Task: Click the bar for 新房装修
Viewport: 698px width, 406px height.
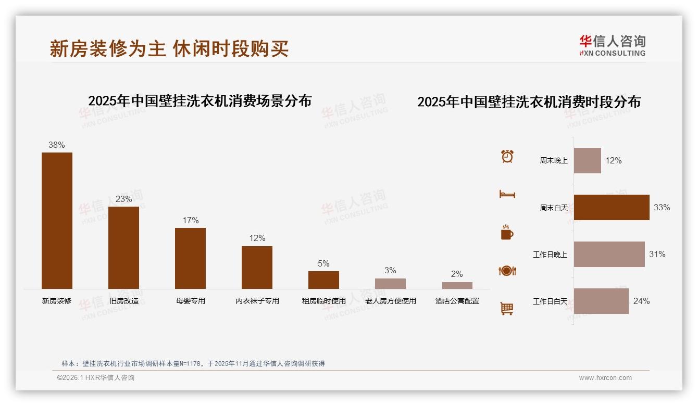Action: (57, 220)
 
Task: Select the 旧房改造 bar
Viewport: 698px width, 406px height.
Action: (123, 247)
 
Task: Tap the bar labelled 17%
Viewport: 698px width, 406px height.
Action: (190, 258)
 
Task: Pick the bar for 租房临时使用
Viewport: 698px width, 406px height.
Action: (323, 280)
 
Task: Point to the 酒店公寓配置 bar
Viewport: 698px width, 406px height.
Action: (457, 285)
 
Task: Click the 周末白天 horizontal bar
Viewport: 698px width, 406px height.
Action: (612, 207)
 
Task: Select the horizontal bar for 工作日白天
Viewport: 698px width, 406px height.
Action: (601, 301)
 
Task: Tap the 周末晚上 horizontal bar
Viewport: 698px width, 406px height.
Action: (587, 160)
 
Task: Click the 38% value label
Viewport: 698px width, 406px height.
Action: (57, 145)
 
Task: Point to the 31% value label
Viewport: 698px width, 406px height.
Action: (657, 254)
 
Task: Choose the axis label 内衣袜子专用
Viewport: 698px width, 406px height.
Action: (257, 301)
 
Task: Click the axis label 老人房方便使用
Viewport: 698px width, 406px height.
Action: (390, 301)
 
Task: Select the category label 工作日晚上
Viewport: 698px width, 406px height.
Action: (550, 255)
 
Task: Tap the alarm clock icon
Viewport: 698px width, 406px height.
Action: (507, 156)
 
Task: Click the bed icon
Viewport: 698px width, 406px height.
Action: (507, 194)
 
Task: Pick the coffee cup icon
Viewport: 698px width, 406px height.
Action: (507, 233)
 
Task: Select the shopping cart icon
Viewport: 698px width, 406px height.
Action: (507, 309)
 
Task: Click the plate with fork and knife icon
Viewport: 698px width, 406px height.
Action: (507, 271)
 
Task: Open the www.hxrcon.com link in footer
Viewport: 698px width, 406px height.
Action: (605, 378)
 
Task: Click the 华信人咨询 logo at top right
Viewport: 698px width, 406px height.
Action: (612, 45)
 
